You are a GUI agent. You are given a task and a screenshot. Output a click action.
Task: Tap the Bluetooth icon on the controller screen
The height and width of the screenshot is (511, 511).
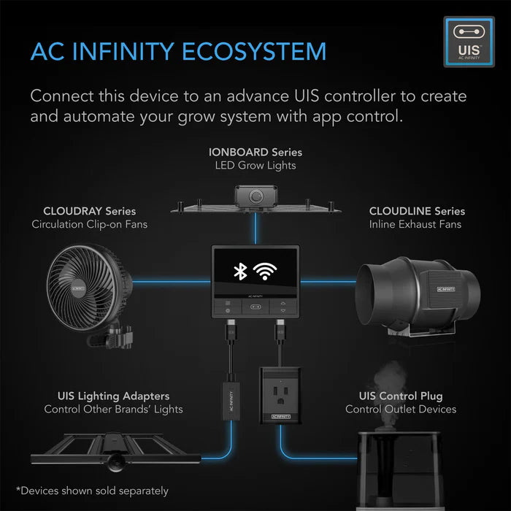click(238, 272)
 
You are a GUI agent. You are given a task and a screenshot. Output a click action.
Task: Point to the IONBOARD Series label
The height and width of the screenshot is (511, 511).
click(255, 152)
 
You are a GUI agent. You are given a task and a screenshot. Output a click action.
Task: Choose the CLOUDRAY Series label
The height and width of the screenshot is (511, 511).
click(89, 211)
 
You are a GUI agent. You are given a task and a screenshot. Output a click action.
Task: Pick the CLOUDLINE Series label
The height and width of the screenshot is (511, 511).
click(417, 211)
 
